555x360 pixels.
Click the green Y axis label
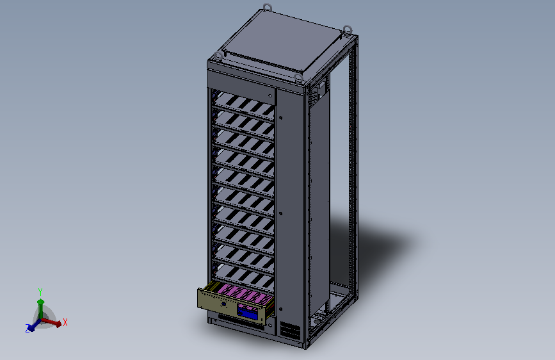(40, 291)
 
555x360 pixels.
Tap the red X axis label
(65, 323)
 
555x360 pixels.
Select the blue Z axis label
(28, 329)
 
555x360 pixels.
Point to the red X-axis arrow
(54, 323)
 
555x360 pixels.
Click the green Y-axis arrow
(40, 304)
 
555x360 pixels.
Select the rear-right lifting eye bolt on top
(348, 29)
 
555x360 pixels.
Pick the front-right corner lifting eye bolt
(298, 78)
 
